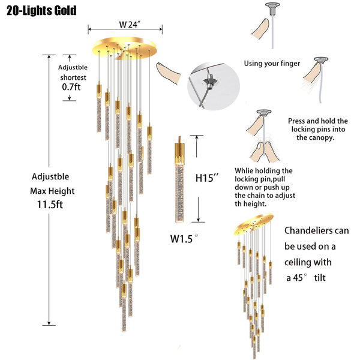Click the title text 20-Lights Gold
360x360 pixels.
pyautogui.click(x=41, y=11)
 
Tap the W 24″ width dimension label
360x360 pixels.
pyautogui.click(x=130, y=24)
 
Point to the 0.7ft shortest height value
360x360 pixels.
pyautogui.click(x=71, y=87)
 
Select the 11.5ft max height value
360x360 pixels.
pyautogui.click(x=50, y=205)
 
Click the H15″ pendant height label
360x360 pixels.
pyautogui.click(x=206, y=178)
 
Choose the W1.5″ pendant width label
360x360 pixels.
pyautogui.click(x=184, y=239)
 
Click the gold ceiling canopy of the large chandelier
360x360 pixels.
pyautogui.click(x=124, y=48)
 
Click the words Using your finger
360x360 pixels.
pyautogui.click(x=272, y=64)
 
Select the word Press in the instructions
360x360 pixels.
pyautogui.click(x=297, y=121)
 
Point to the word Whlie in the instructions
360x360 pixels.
pyautogui.click(x=244, y=170)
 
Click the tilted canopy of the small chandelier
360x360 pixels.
pyautogui.click(x=254, y=224)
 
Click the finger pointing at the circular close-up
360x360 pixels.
pyautogui.click(x=168, y=73)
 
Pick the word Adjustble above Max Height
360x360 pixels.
pyautogui.click(x=50, y=176)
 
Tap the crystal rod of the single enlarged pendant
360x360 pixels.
pyautogui.click(x=179, y=193)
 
